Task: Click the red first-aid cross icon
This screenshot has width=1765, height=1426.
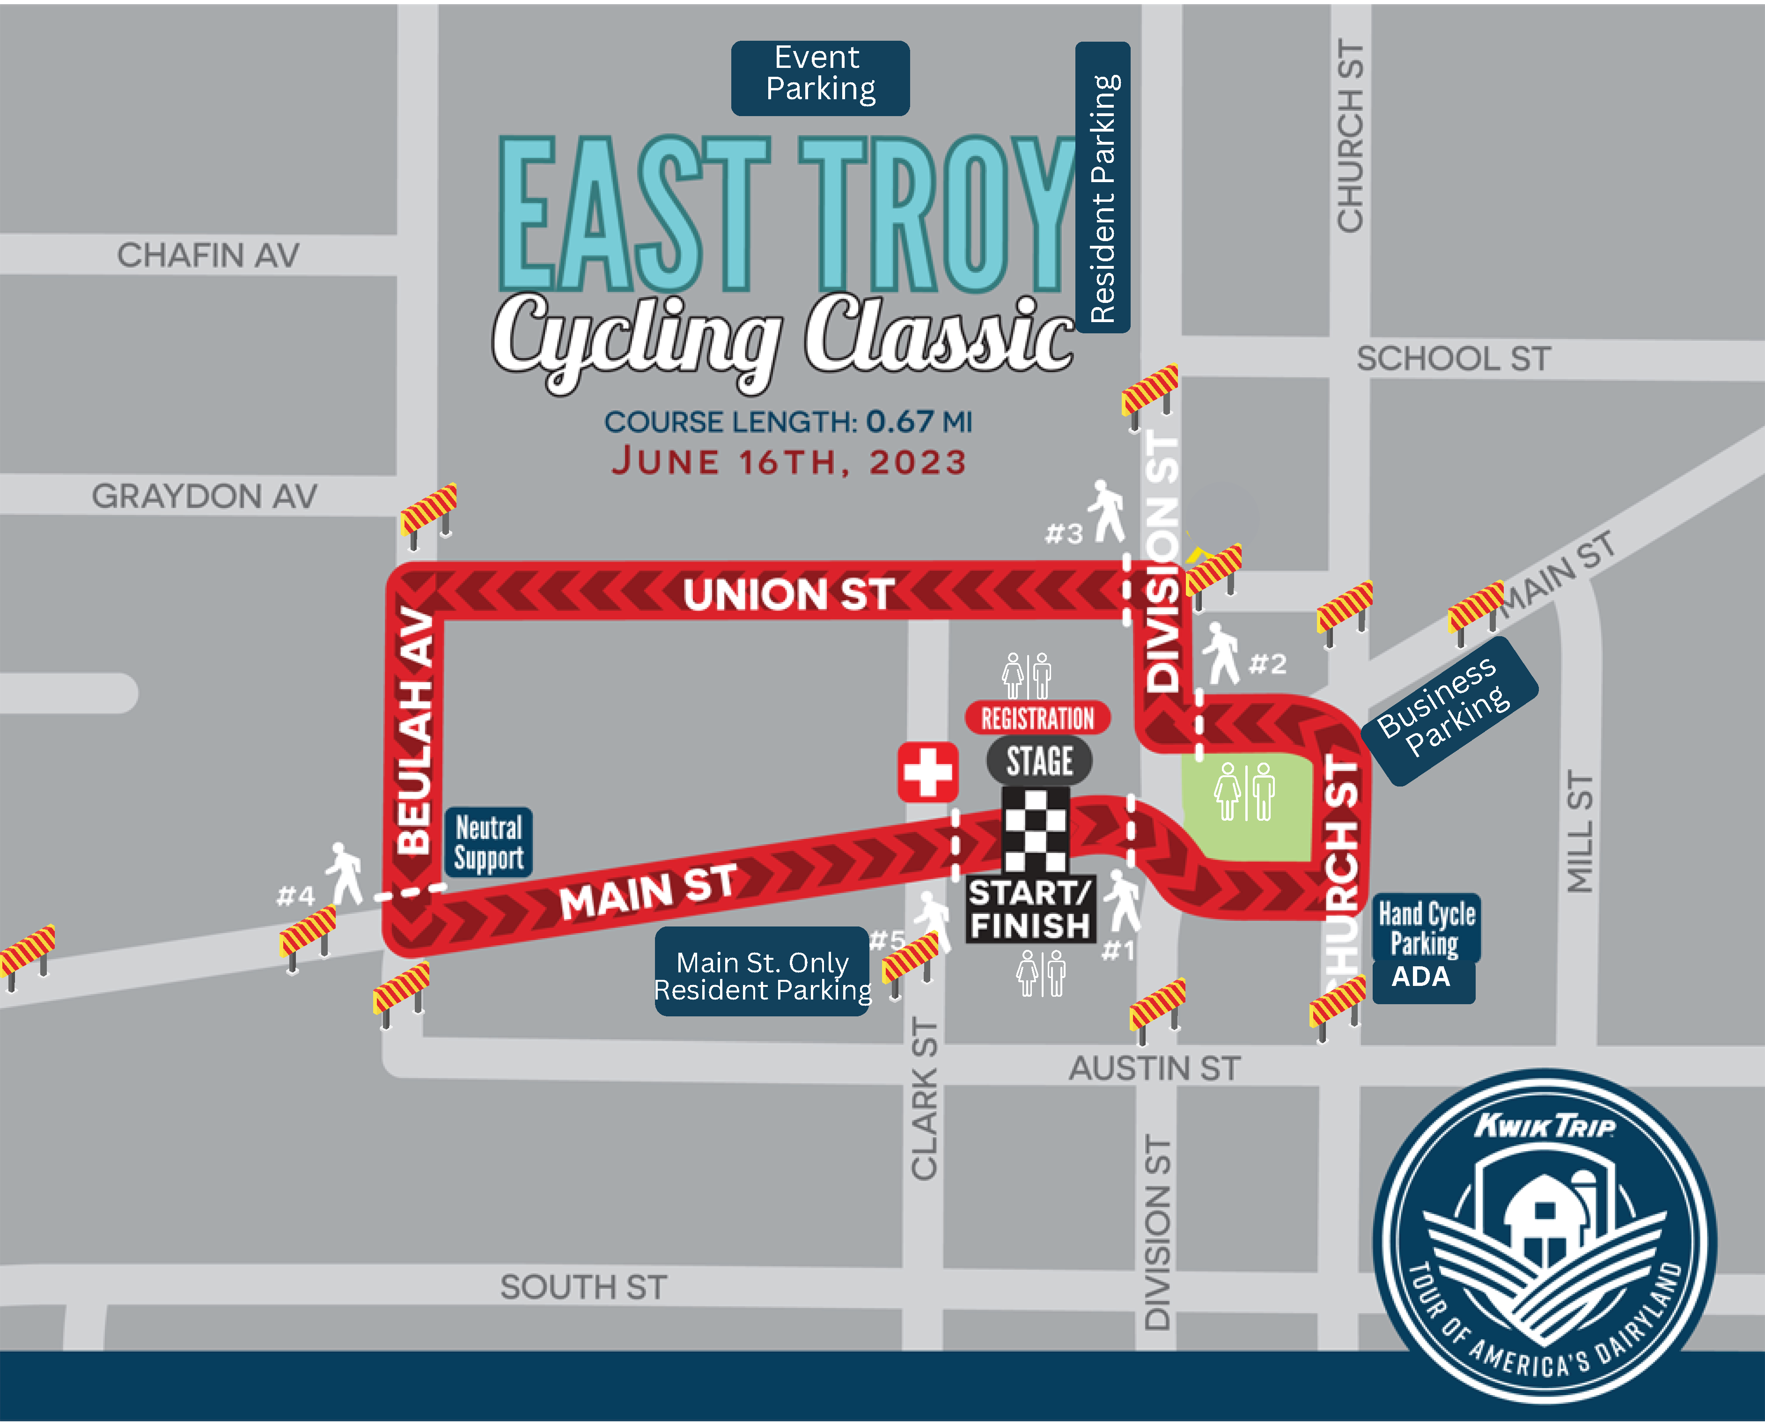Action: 927,772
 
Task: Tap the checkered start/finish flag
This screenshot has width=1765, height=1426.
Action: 1035,830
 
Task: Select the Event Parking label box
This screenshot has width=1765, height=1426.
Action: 820,78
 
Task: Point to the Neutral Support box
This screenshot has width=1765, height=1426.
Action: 489,842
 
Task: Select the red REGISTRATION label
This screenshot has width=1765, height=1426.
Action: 1037,718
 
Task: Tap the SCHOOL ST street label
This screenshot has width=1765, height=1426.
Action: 1453,359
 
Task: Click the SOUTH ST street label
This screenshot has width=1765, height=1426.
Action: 583,1287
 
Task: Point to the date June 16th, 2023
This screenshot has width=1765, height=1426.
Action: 788,462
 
